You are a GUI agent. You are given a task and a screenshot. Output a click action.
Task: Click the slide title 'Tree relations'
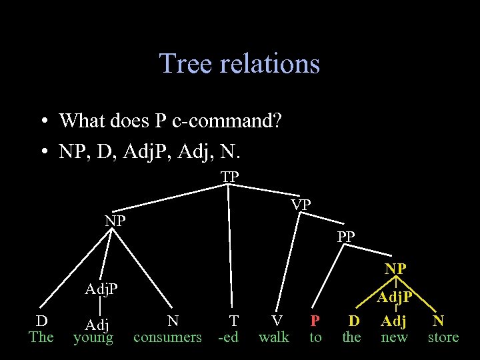click(x=239, y=64)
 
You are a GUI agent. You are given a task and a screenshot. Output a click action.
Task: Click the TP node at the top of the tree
click(x=230, y=177)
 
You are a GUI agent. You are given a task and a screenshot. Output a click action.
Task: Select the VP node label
click(x=301, y=205)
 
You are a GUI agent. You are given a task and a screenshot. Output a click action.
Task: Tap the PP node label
click(x=346, y=236)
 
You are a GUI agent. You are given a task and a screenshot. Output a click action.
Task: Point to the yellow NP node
click(x=396, y=269)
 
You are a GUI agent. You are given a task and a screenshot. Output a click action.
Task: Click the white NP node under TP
click(x=115, y=221)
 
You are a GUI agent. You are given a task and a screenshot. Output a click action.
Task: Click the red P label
click(x=315, y=321)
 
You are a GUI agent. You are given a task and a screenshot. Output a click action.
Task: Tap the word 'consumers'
click(x=167, y=337)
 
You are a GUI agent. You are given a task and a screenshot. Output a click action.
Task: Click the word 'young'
click(x=93, y=338)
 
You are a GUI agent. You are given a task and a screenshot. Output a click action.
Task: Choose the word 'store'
click(x=443, y=337)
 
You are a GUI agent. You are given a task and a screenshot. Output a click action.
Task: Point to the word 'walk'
click(x=273, y=337)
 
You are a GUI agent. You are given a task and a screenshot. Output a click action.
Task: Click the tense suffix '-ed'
click(x=228, y=337)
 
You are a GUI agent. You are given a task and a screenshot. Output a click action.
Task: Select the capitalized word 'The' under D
click(x=41, y=337)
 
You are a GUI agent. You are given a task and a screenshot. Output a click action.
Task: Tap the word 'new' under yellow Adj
click(x=393, y=337)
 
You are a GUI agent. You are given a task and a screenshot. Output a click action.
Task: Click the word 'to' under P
click(x=315, y=337)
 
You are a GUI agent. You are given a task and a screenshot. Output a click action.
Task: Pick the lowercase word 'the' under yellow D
click(x=351, y=337)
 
